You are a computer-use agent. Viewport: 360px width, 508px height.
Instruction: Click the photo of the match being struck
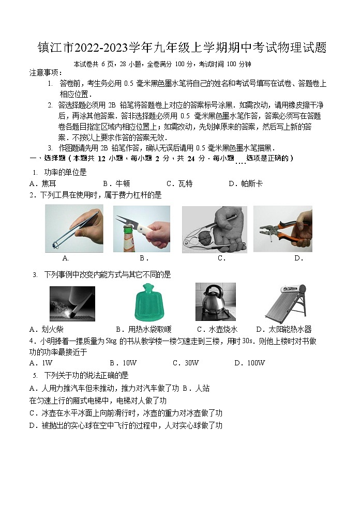[72, 303]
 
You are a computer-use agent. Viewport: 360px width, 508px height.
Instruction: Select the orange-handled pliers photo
[282, 229]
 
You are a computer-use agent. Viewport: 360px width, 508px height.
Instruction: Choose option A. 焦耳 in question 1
[43, 183]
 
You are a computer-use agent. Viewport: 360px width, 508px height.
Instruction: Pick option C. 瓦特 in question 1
[179, 183]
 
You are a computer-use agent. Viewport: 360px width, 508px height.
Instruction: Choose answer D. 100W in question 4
[249, 363]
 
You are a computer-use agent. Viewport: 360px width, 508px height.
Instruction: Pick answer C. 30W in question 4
[186, 363]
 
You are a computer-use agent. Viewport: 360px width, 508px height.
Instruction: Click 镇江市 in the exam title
[55, 49]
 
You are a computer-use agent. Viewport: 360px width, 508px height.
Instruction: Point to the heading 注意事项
[46, 73]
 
